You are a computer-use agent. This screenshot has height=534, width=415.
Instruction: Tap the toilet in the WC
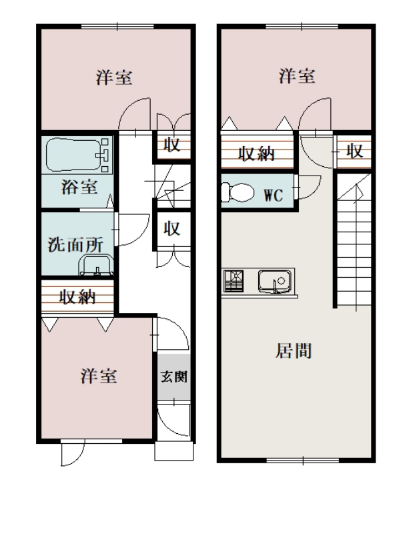point(238,193)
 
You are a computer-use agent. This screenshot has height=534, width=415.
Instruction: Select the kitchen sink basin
point(274,281)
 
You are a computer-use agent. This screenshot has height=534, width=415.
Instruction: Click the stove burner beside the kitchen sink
point(234,281)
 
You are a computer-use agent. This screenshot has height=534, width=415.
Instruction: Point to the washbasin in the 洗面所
point(96,265)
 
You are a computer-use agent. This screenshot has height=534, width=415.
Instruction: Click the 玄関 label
point(174,376)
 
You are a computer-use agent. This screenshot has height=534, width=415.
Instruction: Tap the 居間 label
point(294,351)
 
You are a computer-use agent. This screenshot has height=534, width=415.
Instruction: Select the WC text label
point(274,196)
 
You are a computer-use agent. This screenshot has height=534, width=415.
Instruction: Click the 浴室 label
point(79,187)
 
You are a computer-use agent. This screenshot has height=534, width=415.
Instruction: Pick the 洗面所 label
point(75,244)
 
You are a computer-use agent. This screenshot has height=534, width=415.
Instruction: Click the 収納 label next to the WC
point(256,154)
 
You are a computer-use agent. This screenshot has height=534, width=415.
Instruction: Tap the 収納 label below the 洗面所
point(77,297)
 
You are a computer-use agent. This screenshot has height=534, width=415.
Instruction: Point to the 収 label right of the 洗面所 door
point(172,228)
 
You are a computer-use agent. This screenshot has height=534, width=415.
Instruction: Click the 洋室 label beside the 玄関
point(99,376)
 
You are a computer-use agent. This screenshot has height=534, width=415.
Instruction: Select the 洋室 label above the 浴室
point(114,77)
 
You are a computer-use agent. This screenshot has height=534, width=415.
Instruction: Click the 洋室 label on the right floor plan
point(297,75)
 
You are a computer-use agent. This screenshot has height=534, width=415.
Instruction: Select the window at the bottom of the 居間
point(302,461)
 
